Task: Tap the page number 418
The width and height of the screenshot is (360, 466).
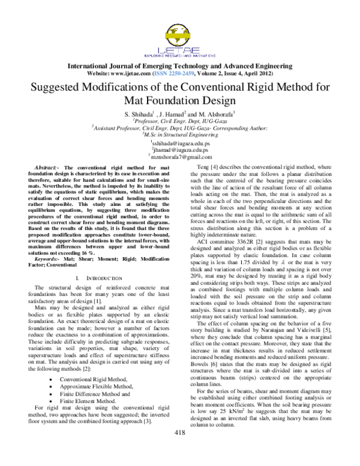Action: pos(179,450)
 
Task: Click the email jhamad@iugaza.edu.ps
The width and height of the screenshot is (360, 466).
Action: pos(180,151)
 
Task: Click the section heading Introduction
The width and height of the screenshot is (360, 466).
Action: pos(98,279)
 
